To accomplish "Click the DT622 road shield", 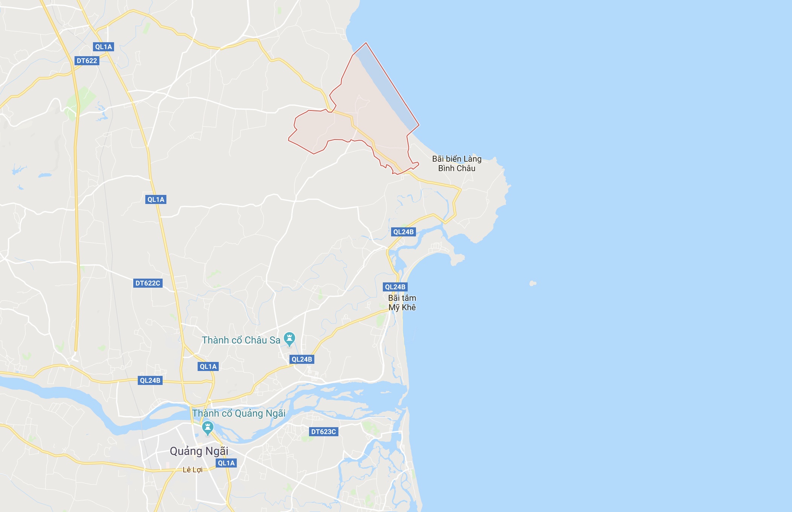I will [87, 61].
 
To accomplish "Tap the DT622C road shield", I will [148, 283].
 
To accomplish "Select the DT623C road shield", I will [323, 432].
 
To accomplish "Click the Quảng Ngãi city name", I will [199, 451].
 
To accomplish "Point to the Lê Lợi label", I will [192, 470].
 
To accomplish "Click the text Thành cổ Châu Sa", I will [241, 340].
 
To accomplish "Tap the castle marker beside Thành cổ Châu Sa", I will [289, 339].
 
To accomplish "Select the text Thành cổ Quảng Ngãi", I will [239, 413].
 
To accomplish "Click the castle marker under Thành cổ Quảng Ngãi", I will [207, 428].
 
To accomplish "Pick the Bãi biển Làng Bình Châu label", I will [457, 164].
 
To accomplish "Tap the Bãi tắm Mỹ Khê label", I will [402, 303].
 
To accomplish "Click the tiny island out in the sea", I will [533, 283].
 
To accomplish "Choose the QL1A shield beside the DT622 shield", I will [104, 47].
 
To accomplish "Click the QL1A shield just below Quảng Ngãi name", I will [226, 463].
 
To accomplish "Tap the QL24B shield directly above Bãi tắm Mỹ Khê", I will [395, 287].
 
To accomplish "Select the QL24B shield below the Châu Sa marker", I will [302, 359].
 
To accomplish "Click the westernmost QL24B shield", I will [150, 380].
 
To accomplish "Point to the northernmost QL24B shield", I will [403, 232].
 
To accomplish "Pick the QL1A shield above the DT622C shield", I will [156, 199].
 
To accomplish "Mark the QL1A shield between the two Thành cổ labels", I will [208, 366].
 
